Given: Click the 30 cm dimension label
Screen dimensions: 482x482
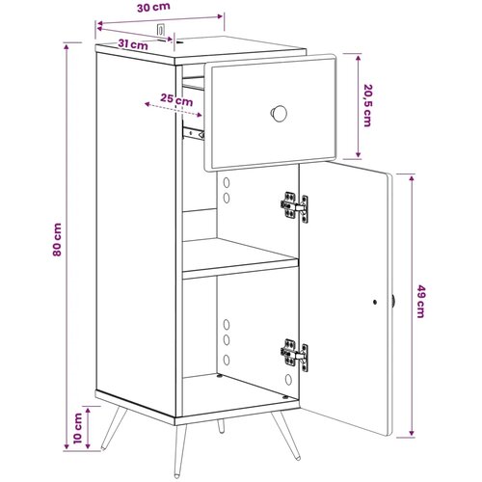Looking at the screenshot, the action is click(153, 8).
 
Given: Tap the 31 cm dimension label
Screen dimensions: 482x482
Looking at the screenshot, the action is click(133, 44).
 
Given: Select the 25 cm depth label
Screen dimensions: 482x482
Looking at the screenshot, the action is click(176, 100).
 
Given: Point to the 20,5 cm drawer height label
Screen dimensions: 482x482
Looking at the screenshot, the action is click(367, 105).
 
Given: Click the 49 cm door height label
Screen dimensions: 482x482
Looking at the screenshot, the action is click(420, 301).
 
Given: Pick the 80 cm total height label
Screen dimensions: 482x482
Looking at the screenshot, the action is click(57, 239).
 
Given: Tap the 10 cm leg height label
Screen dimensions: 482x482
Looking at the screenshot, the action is click(78, 428).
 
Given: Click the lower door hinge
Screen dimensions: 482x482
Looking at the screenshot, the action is click(294, 356).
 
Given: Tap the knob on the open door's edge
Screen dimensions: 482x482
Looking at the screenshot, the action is click(393, 302).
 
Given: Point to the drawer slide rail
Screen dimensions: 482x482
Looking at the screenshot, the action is click(193, 133).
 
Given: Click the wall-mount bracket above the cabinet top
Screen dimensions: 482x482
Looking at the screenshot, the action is click(160, 30).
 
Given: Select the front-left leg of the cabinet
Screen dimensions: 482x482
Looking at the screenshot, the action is click(180, 450).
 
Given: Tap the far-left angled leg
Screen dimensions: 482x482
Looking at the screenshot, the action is click(114, 428).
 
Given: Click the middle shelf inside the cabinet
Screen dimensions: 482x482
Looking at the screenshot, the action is click(240, 258).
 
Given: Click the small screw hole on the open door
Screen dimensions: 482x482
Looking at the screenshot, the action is click(375, 302).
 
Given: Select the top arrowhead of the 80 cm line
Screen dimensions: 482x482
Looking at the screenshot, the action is click(67, 46).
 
